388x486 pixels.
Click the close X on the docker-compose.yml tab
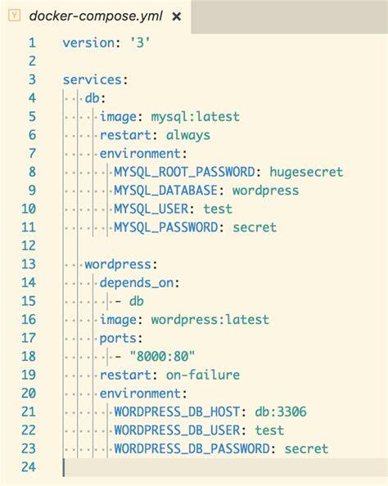tap(177, 16)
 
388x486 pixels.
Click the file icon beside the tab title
tap(14, 16)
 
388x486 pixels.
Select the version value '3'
tap(140, 43)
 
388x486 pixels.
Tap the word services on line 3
tap(92, 79)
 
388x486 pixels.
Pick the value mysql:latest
tap(195, 117)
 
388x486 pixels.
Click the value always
tap(188, 136)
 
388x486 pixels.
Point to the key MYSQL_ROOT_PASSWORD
tap(184, 172)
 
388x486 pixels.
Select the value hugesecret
tap(306, 172)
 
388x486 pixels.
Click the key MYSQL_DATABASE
tap(165, 191)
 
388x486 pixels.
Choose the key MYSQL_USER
tap(151, 209)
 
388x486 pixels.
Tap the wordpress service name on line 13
tap(118, 264)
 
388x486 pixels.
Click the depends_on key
tap(136, 282)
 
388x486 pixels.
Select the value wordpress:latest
tap(210, 320)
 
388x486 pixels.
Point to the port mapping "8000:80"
tap(162, 357)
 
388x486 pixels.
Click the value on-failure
tap(203, 375)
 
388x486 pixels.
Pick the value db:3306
tap(281, 412)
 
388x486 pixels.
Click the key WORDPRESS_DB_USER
tap(177, 430)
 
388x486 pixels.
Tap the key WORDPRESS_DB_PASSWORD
tap(192, 449)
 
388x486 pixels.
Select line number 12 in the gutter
tap(29, 245)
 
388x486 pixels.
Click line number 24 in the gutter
tap(29, 467)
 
